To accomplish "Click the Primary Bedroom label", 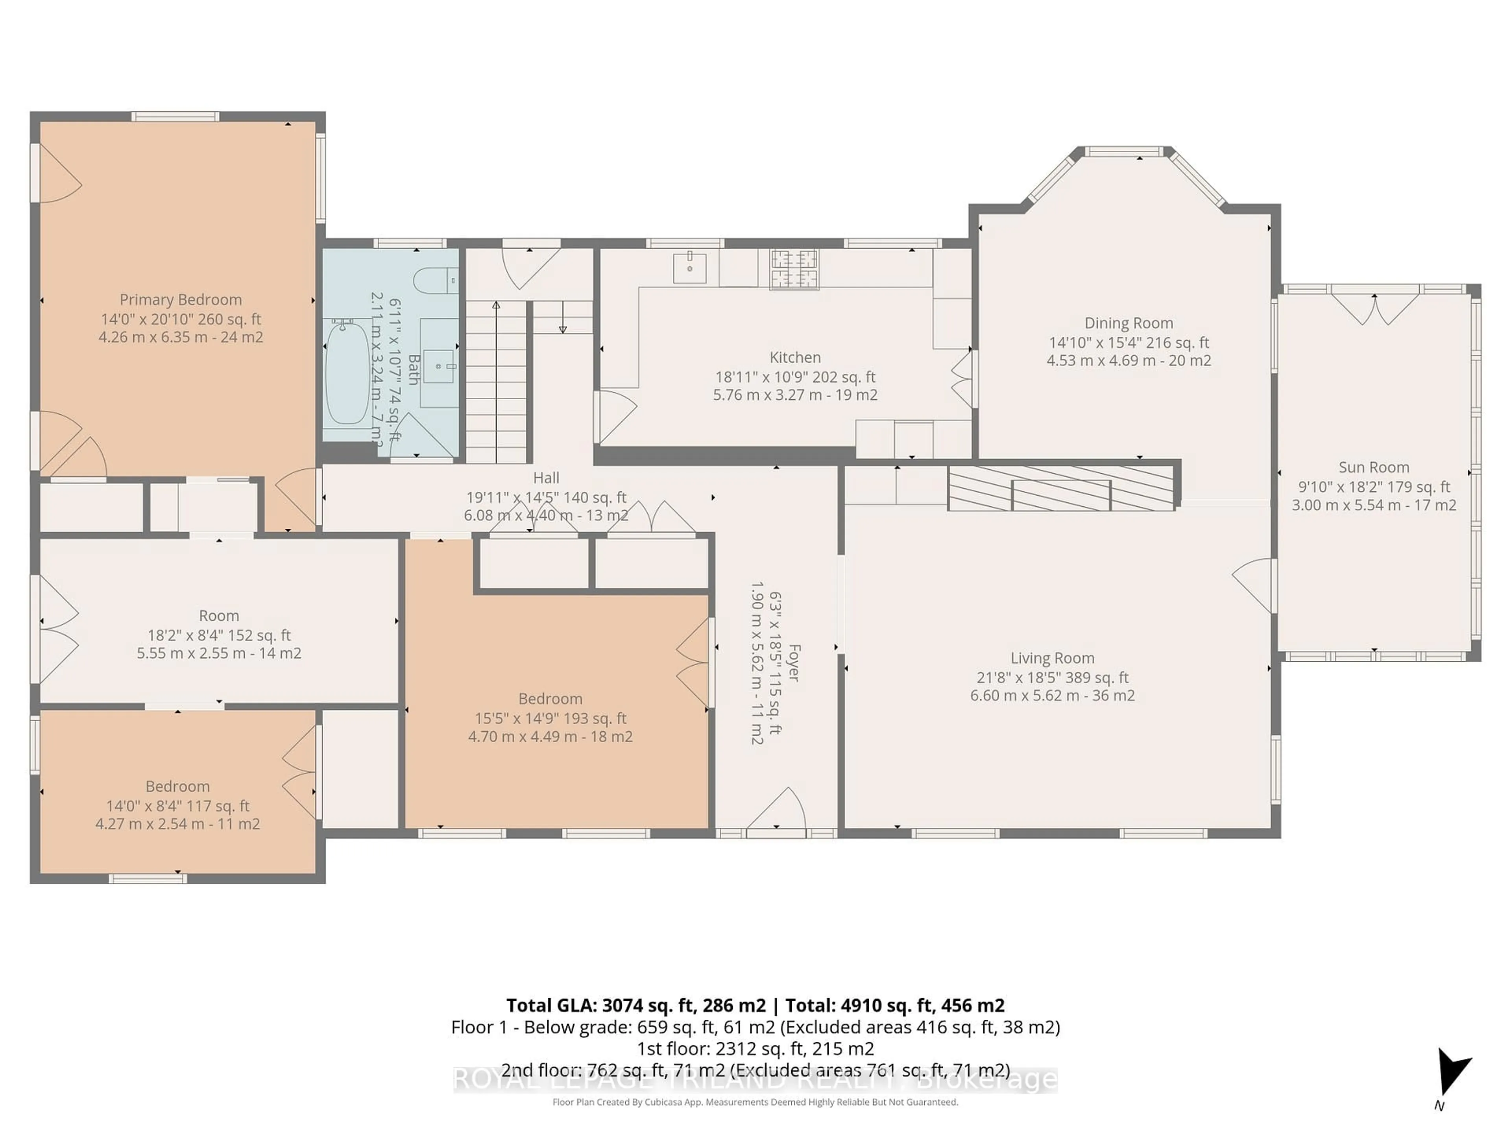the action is click(x=180, y=300).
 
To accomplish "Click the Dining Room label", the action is click(x=1129, y=323).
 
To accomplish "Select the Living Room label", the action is click(x=1052, y=658).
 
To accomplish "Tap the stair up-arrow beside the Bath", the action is click(x=496, y=306).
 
